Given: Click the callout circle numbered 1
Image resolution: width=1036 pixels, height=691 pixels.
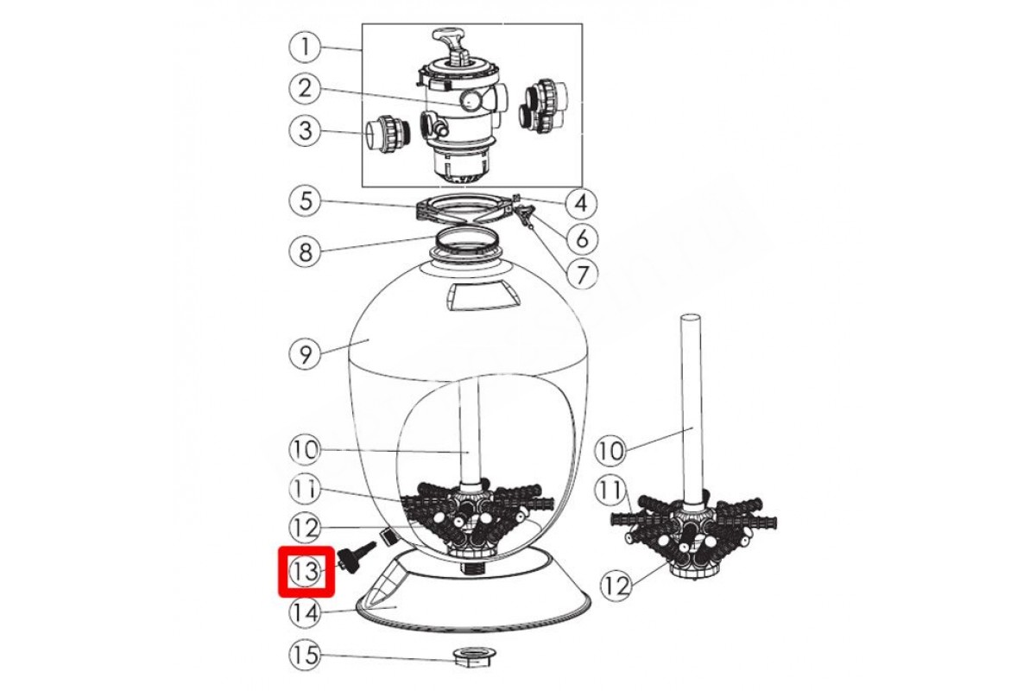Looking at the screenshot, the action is (305, 48).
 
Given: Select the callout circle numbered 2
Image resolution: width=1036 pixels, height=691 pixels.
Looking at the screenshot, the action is (305, 88).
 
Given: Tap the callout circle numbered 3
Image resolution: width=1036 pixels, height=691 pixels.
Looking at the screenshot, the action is (305, 130).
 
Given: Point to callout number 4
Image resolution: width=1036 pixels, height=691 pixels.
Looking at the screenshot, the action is (581, 202).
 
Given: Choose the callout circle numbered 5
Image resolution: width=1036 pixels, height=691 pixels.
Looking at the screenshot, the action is (305, 202).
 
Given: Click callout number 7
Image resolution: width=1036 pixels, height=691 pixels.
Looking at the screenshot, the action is (582, 274).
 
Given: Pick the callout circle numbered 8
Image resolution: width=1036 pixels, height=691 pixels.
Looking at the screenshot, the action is (305, 252).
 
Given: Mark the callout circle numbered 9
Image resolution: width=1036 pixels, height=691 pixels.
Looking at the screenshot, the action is (305, 354).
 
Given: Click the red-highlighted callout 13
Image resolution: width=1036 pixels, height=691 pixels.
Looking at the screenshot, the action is (306, 572).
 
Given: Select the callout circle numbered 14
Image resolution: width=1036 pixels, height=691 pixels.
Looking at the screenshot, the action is (305, 612).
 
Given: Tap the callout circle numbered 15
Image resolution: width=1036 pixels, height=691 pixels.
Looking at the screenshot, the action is (305, 655).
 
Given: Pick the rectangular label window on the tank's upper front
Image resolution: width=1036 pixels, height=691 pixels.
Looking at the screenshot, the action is (484, 297).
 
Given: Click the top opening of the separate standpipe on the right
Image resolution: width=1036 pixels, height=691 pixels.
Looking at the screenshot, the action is (691, 319).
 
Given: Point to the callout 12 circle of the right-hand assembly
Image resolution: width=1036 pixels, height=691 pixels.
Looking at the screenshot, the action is (616, 585).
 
